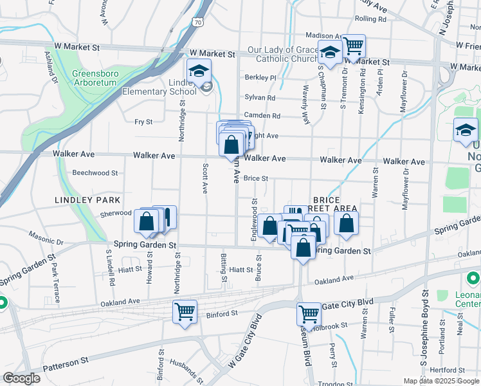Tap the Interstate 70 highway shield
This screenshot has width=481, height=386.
tap(197, 23)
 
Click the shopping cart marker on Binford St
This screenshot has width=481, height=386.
tap(185, 312)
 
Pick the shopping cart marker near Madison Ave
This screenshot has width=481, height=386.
tap(353, 46)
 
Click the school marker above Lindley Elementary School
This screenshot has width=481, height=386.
tap(199, 70)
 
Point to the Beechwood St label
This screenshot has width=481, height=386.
tap(95, 173)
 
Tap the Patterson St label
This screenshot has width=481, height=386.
tap(66, 365)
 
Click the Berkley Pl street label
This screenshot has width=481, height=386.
tap(260, 78)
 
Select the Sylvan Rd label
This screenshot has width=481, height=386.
tap(260, 98)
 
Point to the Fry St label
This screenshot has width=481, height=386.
tap(143, 122)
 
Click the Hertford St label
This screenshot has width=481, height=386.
tap(448, 370)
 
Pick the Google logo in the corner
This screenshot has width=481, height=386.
tap(21, 378)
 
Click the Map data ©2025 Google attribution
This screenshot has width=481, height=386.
tap(440, 381)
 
